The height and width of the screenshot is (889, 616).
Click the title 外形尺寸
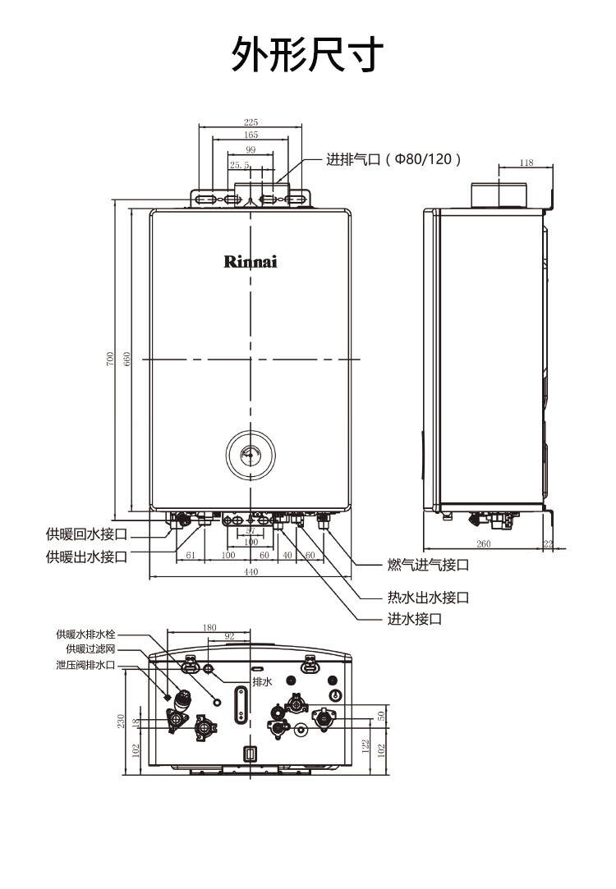[x=307, y=54]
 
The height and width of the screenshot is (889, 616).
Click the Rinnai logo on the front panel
[x=251, y=261]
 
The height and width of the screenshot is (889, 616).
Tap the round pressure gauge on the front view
[x=251, y=455]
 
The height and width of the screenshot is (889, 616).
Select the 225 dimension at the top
[x=251, y=121]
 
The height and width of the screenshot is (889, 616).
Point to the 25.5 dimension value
[x=239, y=165]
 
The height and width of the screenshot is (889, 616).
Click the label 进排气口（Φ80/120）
[x=393, y=159]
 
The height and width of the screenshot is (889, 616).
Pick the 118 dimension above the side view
[x=526, y=163]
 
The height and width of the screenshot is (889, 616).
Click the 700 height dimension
[x=110, y=359]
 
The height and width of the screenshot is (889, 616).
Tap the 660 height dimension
[x=126, y=359]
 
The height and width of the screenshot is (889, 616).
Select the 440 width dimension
[x=251, y=571]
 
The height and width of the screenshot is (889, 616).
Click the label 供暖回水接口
[x=86, y=534]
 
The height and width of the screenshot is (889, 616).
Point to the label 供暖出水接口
[x=86, y=557]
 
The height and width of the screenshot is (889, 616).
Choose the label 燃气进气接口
[x=428, y=565]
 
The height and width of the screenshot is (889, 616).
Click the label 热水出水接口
[x=428, y=597]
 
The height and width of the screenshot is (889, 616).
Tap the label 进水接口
[x=415, y=619]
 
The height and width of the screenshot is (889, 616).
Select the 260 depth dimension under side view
[x=483, y=543]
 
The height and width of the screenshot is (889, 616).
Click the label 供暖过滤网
[x=90, y=648]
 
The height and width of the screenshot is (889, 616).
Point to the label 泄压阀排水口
[x=85, y=664]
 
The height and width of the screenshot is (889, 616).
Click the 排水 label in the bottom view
[x=262, y=681]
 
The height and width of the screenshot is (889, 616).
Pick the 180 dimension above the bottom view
[x=209, y=628]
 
